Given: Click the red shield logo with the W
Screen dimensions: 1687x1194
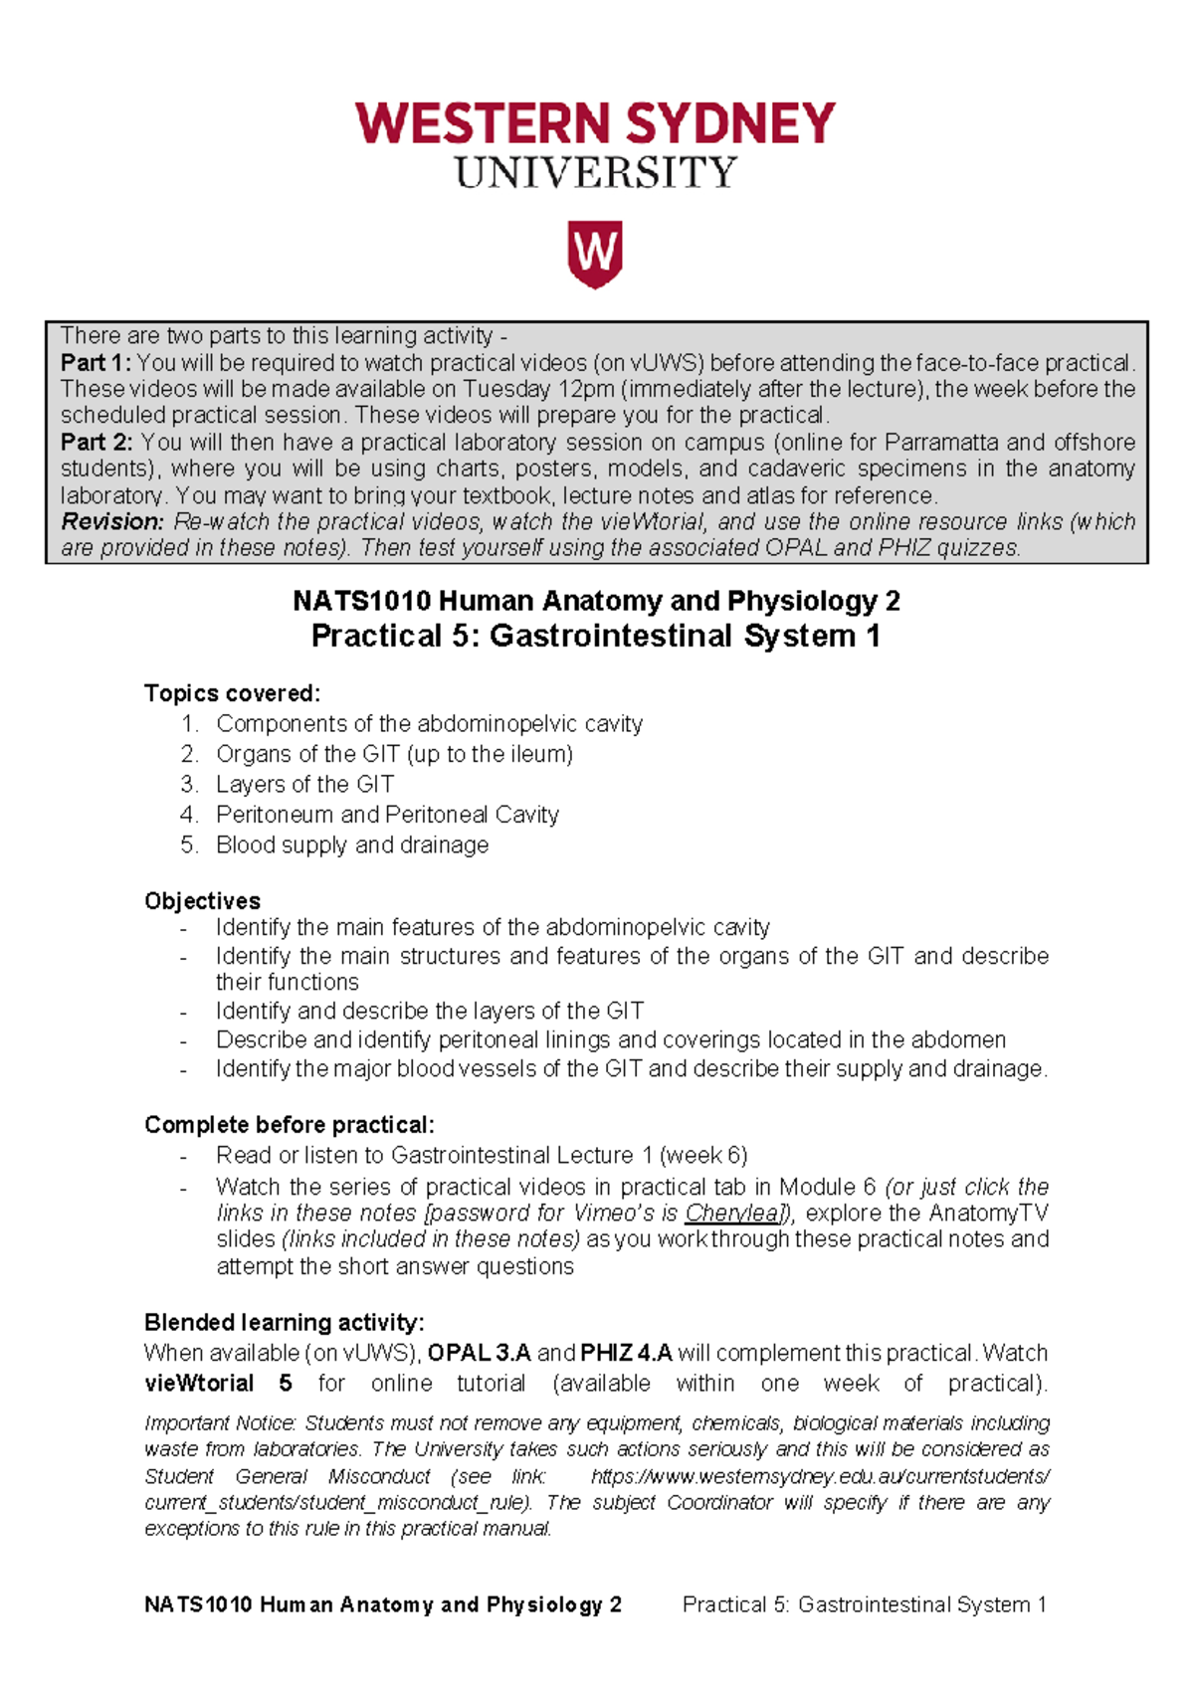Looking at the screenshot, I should tap(595, 254).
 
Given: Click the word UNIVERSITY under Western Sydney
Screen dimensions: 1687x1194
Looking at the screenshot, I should tap(595, 173).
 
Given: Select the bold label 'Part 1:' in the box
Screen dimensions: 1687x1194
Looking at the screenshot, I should tap(96, 363).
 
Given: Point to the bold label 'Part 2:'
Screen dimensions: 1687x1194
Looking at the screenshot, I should tap(97, 442).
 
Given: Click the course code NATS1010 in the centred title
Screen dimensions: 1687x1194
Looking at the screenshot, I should tap(361, 601).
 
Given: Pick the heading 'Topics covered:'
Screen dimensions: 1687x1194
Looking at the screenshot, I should tap(232, 693).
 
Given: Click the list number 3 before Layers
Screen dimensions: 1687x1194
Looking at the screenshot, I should tap(189, 785).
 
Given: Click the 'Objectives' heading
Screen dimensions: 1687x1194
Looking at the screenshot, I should tap(202, 901).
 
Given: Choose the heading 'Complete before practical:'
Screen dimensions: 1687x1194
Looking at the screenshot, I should tap(289, 1125).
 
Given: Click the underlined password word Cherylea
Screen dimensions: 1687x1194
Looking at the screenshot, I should tap(732, 1214).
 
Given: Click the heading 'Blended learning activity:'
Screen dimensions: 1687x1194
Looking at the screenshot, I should tap(284, 1323).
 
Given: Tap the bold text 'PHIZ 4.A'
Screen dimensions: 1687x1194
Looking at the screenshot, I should tap(626, 1354).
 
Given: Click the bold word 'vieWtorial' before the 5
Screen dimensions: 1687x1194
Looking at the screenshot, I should tap(199, 1384).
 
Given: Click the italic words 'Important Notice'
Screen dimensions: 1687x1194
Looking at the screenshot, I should tap(219, 1423).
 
